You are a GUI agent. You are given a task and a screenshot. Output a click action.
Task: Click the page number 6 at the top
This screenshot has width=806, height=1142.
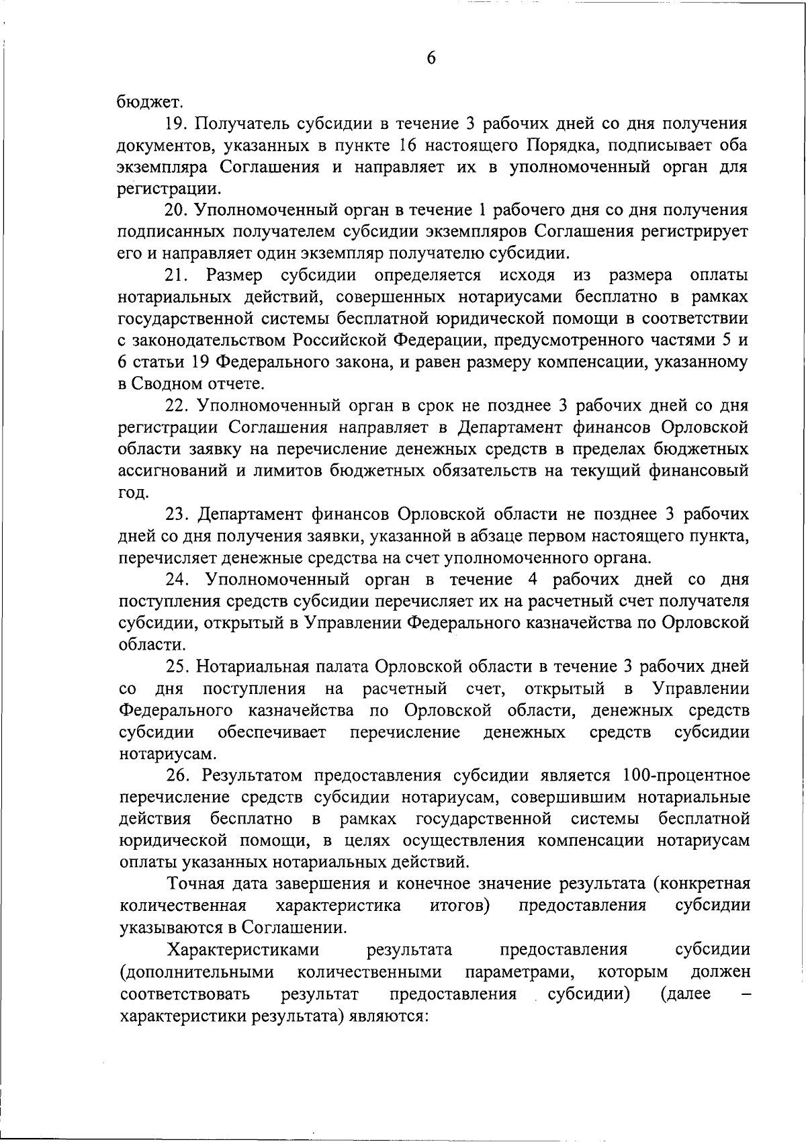click(431, 58)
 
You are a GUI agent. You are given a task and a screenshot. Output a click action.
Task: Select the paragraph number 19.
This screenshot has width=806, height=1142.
click(177, 124)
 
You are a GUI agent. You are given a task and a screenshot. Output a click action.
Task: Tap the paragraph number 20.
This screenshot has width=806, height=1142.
click(177, 210)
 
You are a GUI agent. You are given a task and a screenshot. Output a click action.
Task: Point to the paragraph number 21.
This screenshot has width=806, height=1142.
click(177, 275)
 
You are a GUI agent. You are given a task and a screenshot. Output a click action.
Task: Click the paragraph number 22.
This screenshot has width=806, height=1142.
click(177, 406)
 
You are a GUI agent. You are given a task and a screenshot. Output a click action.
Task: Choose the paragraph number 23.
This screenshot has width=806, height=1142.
click(177, 515)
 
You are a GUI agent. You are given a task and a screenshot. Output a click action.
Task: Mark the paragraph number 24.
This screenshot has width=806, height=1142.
click(177, 580)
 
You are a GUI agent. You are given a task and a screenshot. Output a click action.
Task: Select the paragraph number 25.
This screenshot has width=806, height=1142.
click(177, 666)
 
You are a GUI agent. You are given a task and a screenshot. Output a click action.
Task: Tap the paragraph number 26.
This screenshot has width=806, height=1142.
click(177, 776)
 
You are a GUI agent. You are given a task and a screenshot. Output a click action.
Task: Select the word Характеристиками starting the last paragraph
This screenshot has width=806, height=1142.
click(243, 950)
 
